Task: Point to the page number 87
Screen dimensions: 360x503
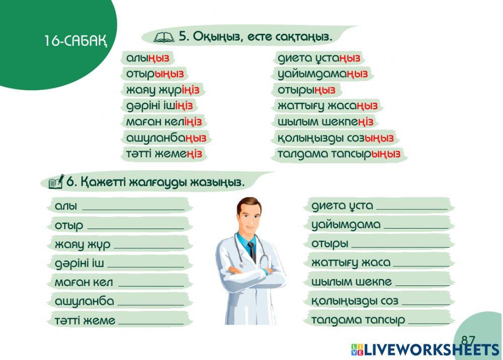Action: (468, 340)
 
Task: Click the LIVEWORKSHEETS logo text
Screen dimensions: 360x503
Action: (431, 350)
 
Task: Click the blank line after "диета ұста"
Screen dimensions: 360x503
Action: (411, 207)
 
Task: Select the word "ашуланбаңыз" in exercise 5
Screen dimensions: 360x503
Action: (166, 137)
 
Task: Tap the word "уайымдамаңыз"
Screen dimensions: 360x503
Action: (322, 74)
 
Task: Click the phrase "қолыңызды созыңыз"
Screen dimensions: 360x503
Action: (336, 138)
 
